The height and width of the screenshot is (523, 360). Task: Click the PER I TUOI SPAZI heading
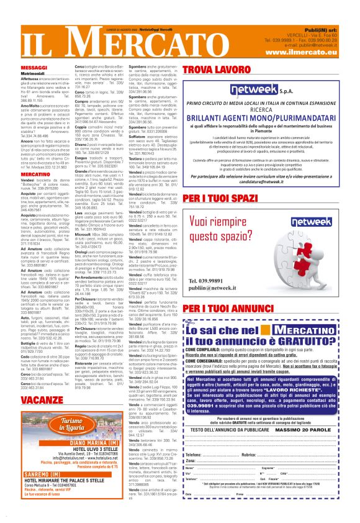tap(221, 196)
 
